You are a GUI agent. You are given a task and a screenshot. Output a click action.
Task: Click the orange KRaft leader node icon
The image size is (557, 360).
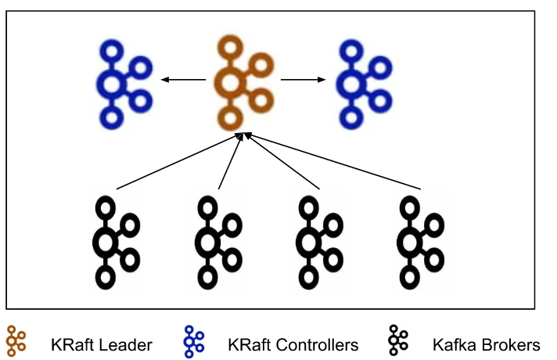(x=239, y=83)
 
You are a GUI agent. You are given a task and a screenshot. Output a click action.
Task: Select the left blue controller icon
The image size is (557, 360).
(x=122, y=85)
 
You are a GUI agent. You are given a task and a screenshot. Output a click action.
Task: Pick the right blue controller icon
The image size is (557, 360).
(x=362, y=85)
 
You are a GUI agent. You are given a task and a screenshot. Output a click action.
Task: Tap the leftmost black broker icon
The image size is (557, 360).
(x=114, y=241)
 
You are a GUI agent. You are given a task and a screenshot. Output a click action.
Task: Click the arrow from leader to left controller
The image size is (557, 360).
(x=185, y=79)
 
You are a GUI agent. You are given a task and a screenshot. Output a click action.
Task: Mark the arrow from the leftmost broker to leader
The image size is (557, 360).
(x=176, y=161)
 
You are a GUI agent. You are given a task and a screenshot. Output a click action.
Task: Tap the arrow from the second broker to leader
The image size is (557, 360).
(x=229, y=161)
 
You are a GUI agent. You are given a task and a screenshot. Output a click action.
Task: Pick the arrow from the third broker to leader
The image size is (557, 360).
(x=282, y=161)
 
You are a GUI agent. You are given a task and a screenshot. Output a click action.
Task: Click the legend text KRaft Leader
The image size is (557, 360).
(x=101, y=344)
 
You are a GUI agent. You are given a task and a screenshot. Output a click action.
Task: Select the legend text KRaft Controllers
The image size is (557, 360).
(x=293, y=344)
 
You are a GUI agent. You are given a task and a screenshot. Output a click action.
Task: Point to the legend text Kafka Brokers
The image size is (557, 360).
(x=486, y=344)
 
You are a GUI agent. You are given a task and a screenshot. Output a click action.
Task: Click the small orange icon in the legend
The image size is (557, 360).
(x=16, y=342)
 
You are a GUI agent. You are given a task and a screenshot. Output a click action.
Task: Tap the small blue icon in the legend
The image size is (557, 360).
(x=193, y=342)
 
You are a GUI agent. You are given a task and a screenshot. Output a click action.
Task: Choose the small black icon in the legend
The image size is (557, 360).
(x=397, y=342)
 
